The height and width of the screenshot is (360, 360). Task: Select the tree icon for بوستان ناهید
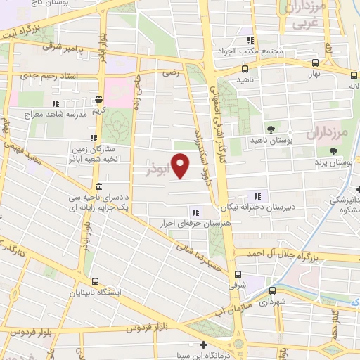(270, 128)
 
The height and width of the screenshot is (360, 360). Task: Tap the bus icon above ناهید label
(244, 70)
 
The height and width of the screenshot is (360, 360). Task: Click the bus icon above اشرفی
(237, 274)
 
